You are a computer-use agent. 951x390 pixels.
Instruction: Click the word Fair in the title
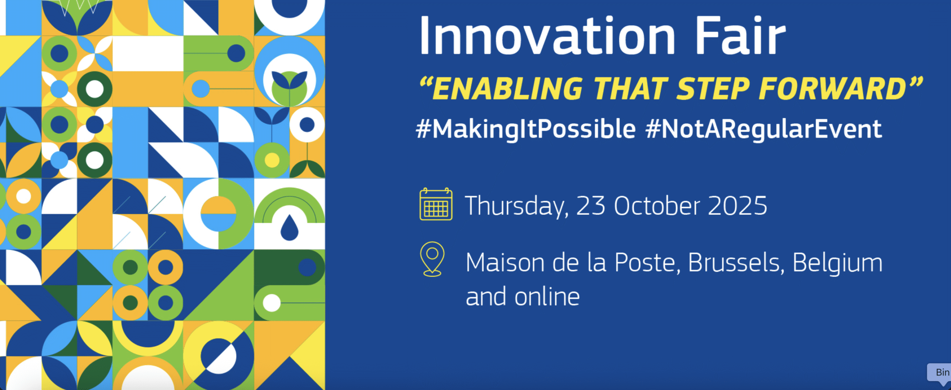pos(741,36)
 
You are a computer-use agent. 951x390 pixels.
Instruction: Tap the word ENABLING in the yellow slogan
pos(507,89)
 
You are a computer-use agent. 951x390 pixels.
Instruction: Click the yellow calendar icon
pos(436,204)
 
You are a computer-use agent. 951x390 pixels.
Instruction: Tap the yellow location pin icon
pos(432,259)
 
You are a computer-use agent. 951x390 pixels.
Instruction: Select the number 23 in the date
pos(591,206)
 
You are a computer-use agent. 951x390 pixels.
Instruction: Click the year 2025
pos(737,206)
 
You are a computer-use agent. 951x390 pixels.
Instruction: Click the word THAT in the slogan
pos(630,89)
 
